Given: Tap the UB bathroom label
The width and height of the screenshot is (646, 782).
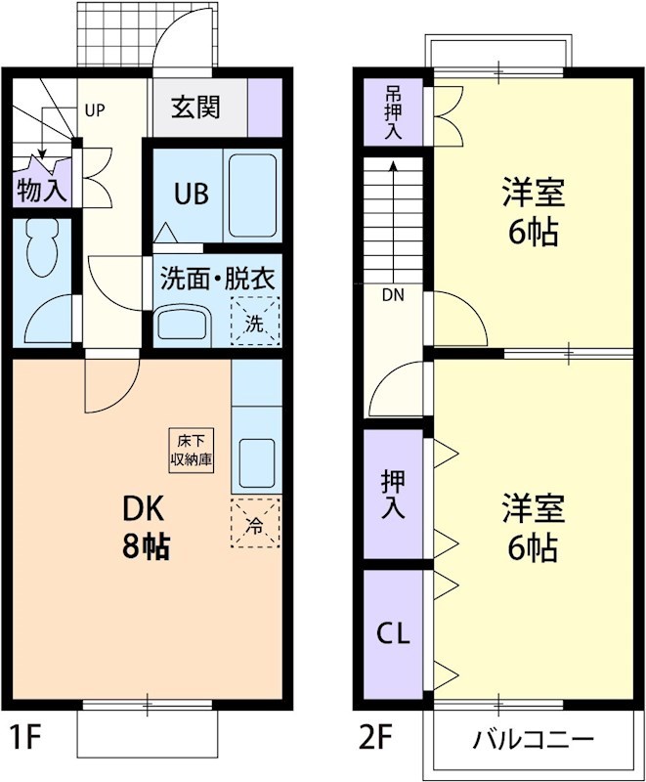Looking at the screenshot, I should click(192, 194).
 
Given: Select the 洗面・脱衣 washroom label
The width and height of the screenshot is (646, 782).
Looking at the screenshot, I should click(218, 278).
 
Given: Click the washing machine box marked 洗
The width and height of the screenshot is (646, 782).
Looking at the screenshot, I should click(254, 322).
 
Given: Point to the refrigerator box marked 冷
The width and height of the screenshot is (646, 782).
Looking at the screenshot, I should click(255, 523).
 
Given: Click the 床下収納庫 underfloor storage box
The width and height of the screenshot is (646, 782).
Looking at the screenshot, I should click(192, 451).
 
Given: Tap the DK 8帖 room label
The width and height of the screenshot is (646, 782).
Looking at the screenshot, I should click(146, 528).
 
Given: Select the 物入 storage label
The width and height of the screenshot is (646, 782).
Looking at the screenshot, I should click(42, 192).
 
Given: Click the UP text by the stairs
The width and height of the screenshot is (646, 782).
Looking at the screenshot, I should click(94, 109).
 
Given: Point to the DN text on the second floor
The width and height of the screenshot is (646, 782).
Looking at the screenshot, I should click(393, 293).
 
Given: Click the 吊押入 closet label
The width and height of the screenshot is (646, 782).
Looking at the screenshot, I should click(393, 113).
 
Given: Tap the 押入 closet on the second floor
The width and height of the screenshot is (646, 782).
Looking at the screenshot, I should click(393, 495).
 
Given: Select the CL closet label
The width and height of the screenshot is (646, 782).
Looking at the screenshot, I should click(393, 632).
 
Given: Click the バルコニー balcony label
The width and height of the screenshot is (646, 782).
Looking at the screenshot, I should click(533, 738).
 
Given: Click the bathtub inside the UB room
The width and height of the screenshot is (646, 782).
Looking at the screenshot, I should click(253, 193).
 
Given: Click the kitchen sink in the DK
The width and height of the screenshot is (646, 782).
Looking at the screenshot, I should click(256, 462).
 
